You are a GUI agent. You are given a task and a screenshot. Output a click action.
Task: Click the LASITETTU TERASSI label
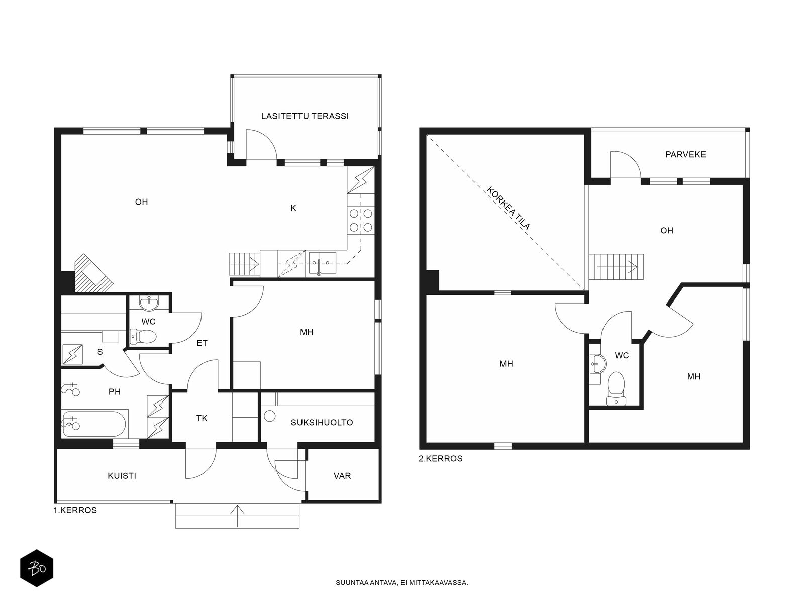click(x=305, y=116)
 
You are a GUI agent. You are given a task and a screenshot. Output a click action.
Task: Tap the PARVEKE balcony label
click(x=685, y=154)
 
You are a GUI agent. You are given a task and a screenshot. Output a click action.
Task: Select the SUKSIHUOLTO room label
click(x=322, y=422)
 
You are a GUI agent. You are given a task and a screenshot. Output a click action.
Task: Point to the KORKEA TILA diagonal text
click(x=508, y=208)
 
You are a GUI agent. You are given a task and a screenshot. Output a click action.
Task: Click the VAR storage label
click(x=342, y=475)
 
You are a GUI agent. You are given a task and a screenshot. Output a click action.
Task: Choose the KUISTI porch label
click(x=122, y=475)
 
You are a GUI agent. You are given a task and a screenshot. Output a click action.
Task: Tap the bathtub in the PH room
click(x=95, y=424)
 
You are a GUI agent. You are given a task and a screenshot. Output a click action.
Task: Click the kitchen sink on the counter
click(x=322, y=263)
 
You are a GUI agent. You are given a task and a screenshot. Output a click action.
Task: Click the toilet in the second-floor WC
click(x=616, y=389)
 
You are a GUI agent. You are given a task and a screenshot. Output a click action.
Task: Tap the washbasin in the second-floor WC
click(x=598, y=363)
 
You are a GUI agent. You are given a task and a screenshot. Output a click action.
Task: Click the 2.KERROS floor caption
click(x=440, y=458)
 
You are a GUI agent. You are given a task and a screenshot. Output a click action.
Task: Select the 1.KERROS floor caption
click(x=75, y=510)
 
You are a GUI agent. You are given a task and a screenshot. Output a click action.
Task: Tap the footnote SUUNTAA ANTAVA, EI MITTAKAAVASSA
click(x=402, y=582)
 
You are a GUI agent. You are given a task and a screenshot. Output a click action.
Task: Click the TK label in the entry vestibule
click(x=202, y=418)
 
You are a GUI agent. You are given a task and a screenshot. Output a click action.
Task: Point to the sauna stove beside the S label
click(x=72, y=354)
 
